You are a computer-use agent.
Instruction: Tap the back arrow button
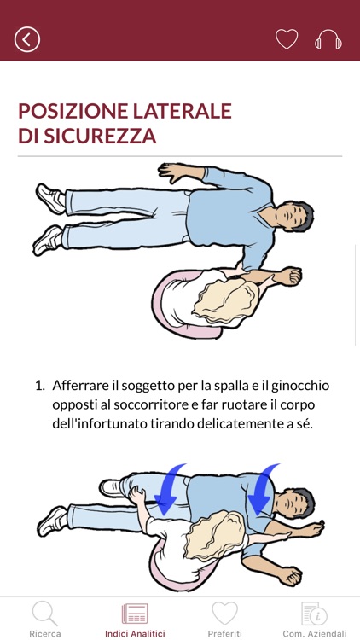[x=27, y=39]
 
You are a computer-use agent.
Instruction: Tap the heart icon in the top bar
[x=287, y=39]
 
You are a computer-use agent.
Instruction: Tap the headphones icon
[x=328, y=39]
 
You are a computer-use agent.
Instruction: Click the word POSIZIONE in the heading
[x=71, y=111]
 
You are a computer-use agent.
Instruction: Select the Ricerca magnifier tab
[x=44, y=620]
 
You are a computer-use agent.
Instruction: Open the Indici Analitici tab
[x=135, y=620]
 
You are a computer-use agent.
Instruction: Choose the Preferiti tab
[x=224, y=620]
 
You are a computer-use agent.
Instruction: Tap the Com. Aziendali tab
[x=315, y=620]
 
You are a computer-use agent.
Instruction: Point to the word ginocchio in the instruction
[x=298, y=386]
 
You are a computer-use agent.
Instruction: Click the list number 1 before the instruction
[x=38, y=386]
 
